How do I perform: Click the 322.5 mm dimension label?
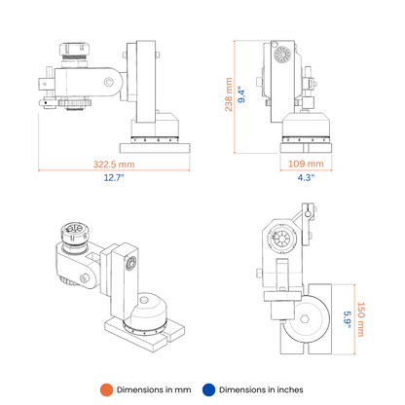click(x=114, y=165)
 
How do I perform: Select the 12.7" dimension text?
click(x=114, y=177)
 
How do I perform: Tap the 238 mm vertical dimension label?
click(x=229, y=94)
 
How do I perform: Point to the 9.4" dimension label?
click(x=241, y=94)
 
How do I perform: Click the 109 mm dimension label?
click(x=306, y=164)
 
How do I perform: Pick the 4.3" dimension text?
click(x=306, y=177)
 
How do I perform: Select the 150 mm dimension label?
click(x=361, y=319)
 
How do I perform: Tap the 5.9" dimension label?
click(x=348, y=319)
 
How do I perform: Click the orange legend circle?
click(x=106, y=389)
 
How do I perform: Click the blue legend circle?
click(x=208, y=389)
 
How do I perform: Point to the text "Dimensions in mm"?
click(x=154, y=389)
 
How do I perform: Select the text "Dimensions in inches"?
click(x=261, y=389)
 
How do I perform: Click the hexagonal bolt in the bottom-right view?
click(x=305, y=319)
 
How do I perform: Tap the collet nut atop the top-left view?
click(x=74, y=50)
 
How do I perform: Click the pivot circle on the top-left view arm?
click(x=109, y=82)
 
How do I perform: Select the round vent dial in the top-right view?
click(x=282, y=55)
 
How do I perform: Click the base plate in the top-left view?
click(x=155, y=148)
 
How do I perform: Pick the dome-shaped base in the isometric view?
click(x=149, y=311)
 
